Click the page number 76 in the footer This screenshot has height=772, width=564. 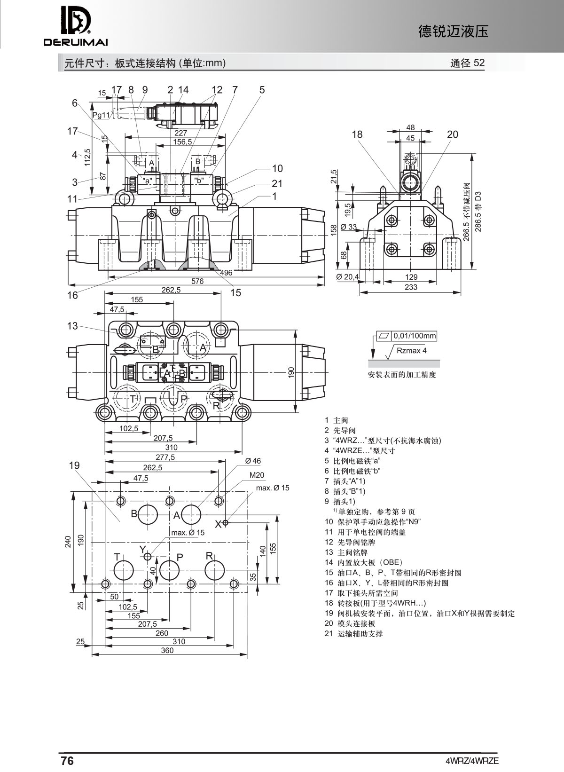tap(67, 761)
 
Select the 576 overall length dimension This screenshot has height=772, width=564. tap(198, 281)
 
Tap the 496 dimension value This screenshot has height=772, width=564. tap(226, 273)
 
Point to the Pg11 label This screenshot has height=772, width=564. tap(101, 115)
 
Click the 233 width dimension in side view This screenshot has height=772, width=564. tap(411, 287)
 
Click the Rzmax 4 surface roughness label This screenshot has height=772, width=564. tap(411, 350)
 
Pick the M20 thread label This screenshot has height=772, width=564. tap(257, 475)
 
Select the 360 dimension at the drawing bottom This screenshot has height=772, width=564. tap(167, 650)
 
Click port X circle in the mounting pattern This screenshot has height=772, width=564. tap(226, 522)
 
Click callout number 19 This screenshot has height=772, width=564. tap(74, 465)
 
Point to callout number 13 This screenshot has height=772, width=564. tap(72, 326)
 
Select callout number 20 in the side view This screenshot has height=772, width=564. tap(452, 134)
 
